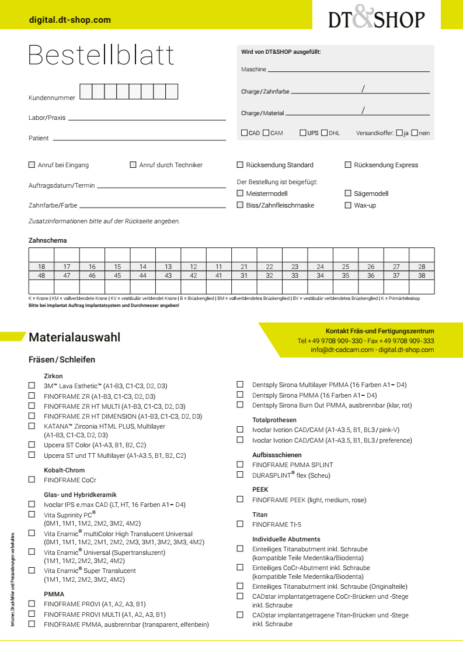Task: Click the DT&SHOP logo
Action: tap(377, 19)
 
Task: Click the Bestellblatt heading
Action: tap(101, 55)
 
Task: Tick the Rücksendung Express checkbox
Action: tap(348, 165)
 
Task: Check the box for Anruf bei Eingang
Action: tap(32, 165)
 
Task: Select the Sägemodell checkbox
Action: tap(348, 193)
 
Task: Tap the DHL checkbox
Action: tap(325, 133)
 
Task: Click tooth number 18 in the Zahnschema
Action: tap(41, 267)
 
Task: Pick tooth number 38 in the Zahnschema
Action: tap(422, 275)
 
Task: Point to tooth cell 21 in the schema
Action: tap(244, 267)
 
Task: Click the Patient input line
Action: tap(139, 139)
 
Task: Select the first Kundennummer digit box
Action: tap(85, 92)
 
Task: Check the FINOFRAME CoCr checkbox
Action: tap(32, 479)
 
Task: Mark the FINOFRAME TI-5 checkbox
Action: tap(240, 524)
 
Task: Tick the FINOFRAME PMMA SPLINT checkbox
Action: tap(240, 464)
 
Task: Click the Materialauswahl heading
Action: tap(75, 337)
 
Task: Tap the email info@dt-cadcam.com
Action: tap(342, 350)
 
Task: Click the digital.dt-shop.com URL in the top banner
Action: tap(70, 20)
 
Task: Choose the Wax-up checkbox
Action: tap(348, 205)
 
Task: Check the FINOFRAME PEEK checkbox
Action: tap(240, 499)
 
